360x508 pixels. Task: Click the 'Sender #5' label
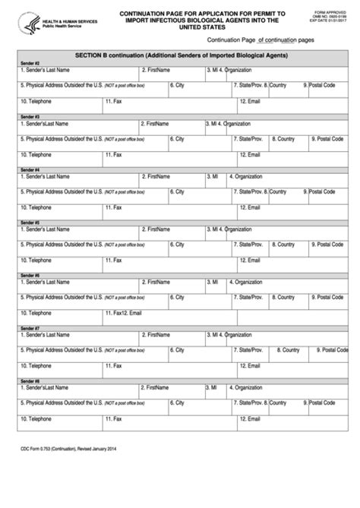[x=30, y=222]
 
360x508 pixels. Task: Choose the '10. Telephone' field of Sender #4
[x=61, y=208]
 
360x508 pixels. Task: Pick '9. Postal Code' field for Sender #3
[x=330, y=140]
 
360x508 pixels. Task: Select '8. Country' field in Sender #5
[x=285, y=245]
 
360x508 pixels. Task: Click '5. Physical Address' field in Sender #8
[x=91, y=403]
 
